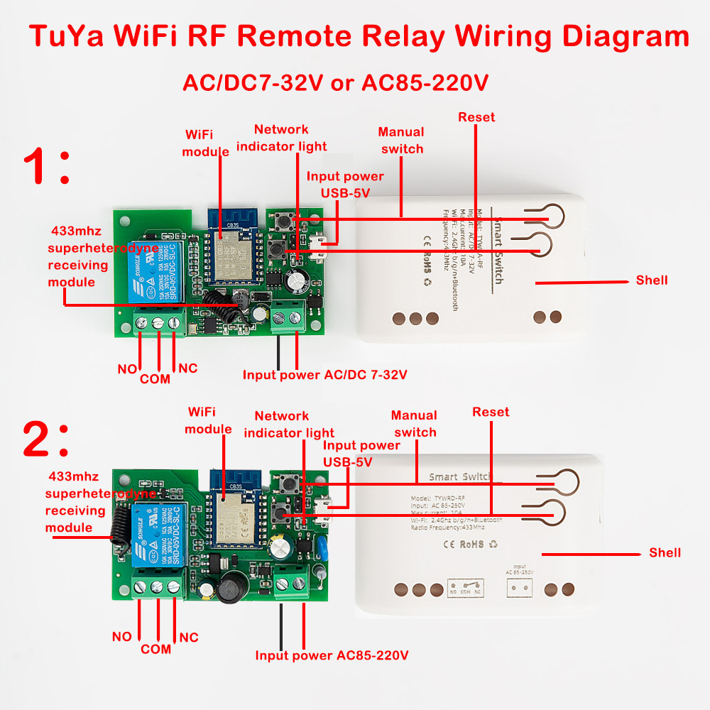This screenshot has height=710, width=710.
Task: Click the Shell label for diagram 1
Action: tap(652, 280)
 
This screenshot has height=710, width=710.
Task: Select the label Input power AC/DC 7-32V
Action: tap(325, 374)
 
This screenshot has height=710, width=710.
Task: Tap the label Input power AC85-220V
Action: tap(332, 655)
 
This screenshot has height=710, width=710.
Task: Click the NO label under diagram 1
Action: tap(127, 369)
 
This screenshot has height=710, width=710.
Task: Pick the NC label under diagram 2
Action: tap(188, 638)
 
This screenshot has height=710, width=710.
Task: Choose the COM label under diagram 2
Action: tap(155, 648)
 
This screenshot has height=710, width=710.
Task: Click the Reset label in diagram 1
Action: tap(476, 117)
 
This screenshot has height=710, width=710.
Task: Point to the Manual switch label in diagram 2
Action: tap(415, 424)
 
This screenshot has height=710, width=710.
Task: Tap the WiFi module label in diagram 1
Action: tap(206, 143)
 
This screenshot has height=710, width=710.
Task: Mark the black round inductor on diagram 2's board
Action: tap(230, 589)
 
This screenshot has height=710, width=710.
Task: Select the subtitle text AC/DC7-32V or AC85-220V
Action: tap(335, 82)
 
